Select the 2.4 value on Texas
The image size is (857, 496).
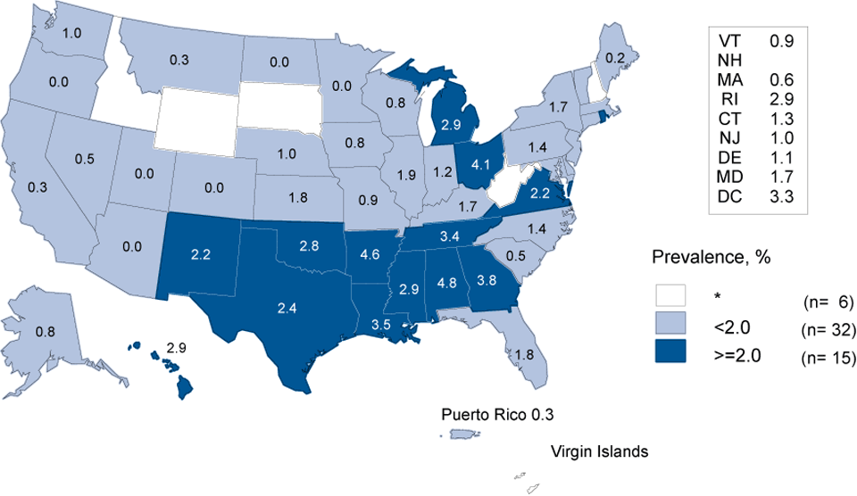pos(288,310)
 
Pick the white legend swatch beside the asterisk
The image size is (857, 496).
pos(675,294)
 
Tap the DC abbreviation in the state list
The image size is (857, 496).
pos(731,196)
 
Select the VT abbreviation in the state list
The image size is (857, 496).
pos(729,41)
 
